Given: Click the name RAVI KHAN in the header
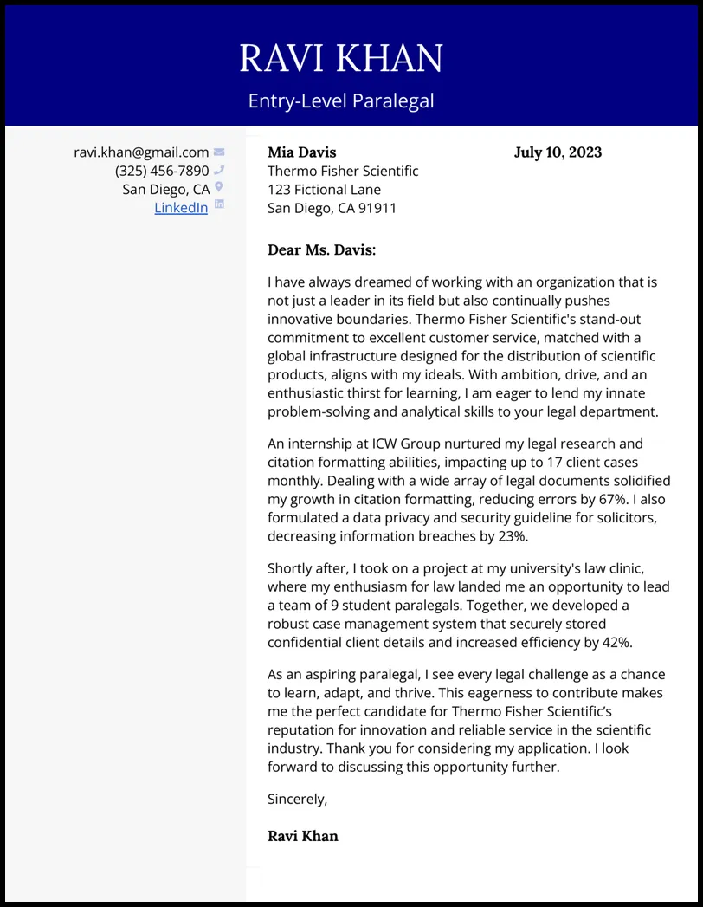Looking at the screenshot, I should tap(341, 58).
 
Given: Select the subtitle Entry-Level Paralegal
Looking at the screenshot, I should tap(341, 101).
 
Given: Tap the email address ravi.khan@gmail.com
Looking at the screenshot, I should tap(141, 152).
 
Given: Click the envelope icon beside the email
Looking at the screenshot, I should tap(219, 152).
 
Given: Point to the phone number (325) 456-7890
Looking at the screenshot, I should tap(162, 171).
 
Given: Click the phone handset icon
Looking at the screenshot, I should tap(219, 170).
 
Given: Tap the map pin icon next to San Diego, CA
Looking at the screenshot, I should tap(219, 187).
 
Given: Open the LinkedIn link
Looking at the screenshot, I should tap(181, 207).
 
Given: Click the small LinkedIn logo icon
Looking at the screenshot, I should tap(219, 204).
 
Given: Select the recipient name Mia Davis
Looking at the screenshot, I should tap(301, 152).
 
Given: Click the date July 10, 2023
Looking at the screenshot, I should tap(558, 152).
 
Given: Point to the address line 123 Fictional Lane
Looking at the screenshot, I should tap(324, 189).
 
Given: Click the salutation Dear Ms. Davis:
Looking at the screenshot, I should tap(322, 250).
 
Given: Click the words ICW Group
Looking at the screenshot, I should tap(400, 444).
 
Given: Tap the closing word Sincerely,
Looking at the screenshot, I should tap(298, 799).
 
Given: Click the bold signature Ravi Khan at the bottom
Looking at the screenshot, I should tap(303, 836).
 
